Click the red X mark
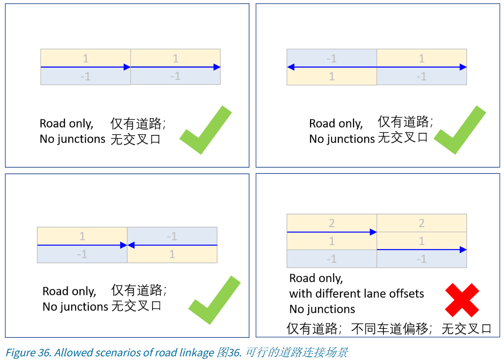(x=462, y=300)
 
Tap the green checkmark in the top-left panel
(x=205, y=130)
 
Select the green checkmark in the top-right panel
(x=459, y=130)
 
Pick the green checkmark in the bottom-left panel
(x=214, y=300)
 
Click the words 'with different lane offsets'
(x=356, y=294)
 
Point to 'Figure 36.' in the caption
(x=28, y=353)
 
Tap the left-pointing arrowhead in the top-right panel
(x=291, y=67)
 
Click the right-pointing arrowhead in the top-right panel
(x=463, y=67)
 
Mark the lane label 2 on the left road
(x=332, y=223)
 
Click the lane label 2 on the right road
(x=422, y=223)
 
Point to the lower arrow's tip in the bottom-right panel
(x=463, y=249)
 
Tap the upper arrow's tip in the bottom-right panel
(x=373, y=232)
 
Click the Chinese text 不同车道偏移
(x=389, y=328)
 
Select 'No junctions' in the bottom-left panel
(x=75, y=307)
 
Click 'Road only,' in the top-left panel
(x=66, y=123)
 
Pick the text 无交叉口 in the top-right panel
(x=402, y=137)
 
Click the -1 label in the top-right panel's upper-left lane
(x=332, y=59)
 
